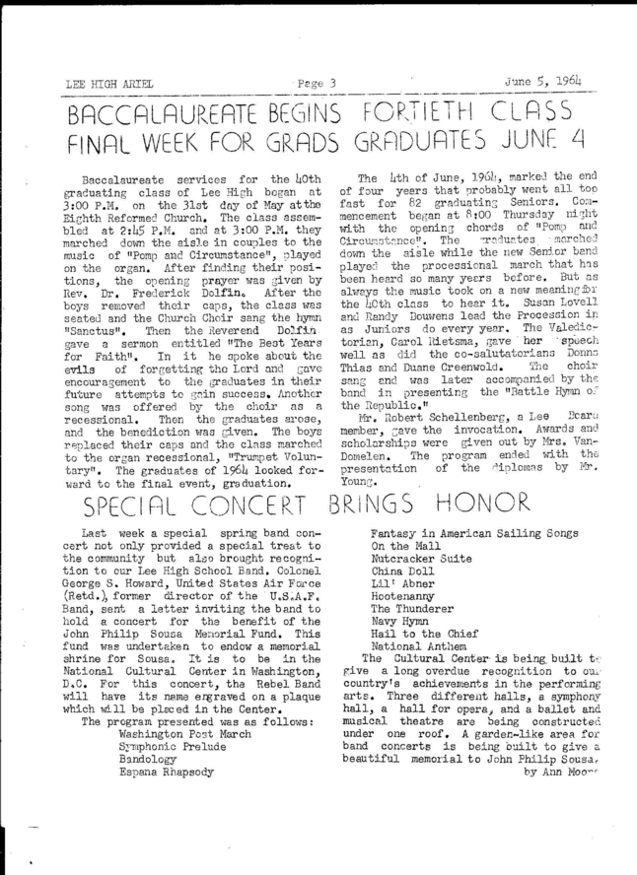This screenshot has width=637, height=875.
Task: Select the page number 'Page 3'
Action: coord(317,82)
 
